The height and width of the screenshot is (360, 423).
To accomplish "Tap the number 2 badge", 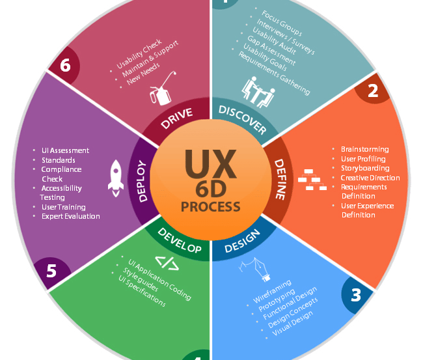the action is point(372,90).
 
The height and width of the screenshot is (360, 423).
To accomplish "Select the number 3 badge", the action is point(355,295).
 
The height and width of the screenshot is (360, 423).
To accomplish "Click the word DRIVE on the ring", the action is point(177,116).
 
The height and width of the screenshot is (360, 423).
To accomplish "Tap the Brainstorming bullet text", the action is point(364,149).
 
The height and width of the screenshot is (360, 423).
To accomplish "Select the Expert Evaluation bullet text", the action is point(70,216).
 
